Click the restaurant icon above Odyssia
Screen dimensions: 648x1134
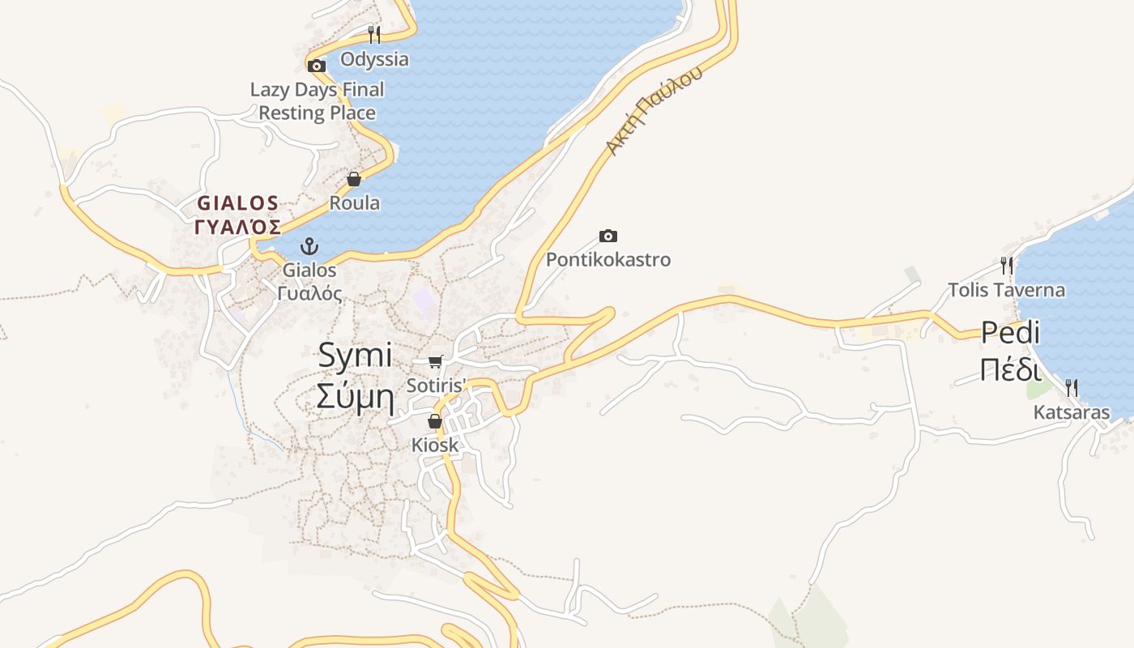point(373,34)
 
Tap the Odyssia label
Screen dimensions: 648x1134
point(374,59)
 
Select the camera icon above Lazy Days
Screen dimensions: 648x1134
point(317,66)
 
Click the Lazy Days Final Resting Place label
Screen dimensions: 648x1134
point(317,101)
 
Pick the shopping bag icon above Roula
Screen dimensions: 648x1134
point(354,179)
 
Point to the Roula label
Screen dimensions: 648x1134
point(355,202)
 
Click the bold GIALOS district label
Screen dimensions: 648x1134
point(238,214)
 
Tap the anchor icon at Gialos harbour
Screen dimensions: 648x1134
point(309,245)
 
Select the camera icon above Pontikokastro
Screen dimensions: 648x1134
point(608,236)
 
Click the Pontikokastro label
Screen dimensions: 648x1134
point(608,260)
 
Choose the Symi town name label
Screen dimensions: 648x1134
point(355,376)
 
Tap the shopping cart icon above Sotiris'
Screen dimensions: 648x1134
point(436,361)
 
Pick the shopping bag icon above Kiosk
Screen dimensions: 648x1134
point(435,421)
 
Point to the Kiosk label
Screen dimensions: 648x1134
point(435,446)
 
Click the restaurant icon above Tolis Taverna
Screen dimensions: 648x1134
point(1007,265)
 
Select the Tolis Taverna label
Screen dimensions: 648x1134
point(1007,289)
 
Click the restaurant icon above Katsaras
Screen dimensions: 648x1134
point(1072,388)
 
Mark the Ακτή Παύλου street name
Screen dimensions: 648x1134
point(654,111)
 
